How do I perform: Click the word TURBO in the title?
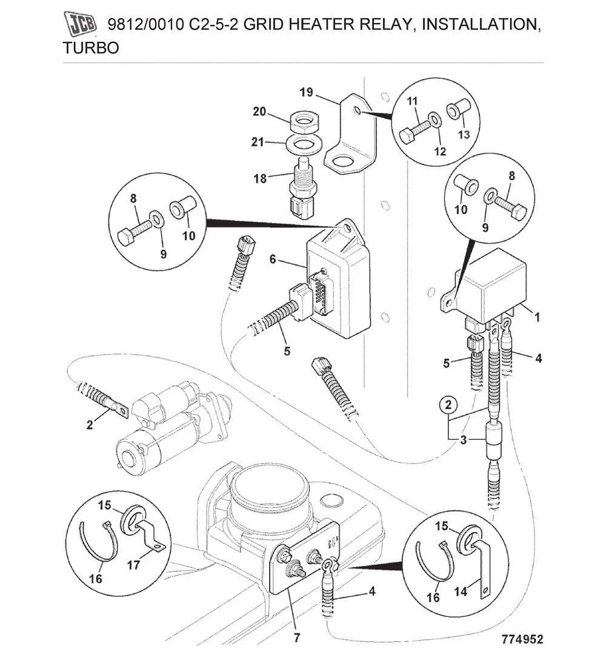click(x=91, y=49)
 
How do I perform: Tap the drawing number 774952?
click(x=522, y=639)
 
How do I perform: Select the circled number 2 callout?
click(x=448, y=404)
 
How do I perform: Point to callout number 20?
click(x=259, y=112)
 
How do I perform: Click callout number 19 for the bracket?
click(x=306, y=92)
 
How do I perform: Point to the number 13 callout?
click(x=463, y=134)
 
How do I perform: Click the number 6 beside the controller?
click(x=273, y=259)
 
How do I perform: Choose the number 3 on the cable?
click(x=464, y=440)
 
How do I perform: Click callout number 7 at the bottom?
click(x=296, y=637)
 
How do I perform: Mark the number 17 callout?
click(x=133, y=565)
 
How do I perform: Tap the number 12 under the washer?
click(x=441, y=152)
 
